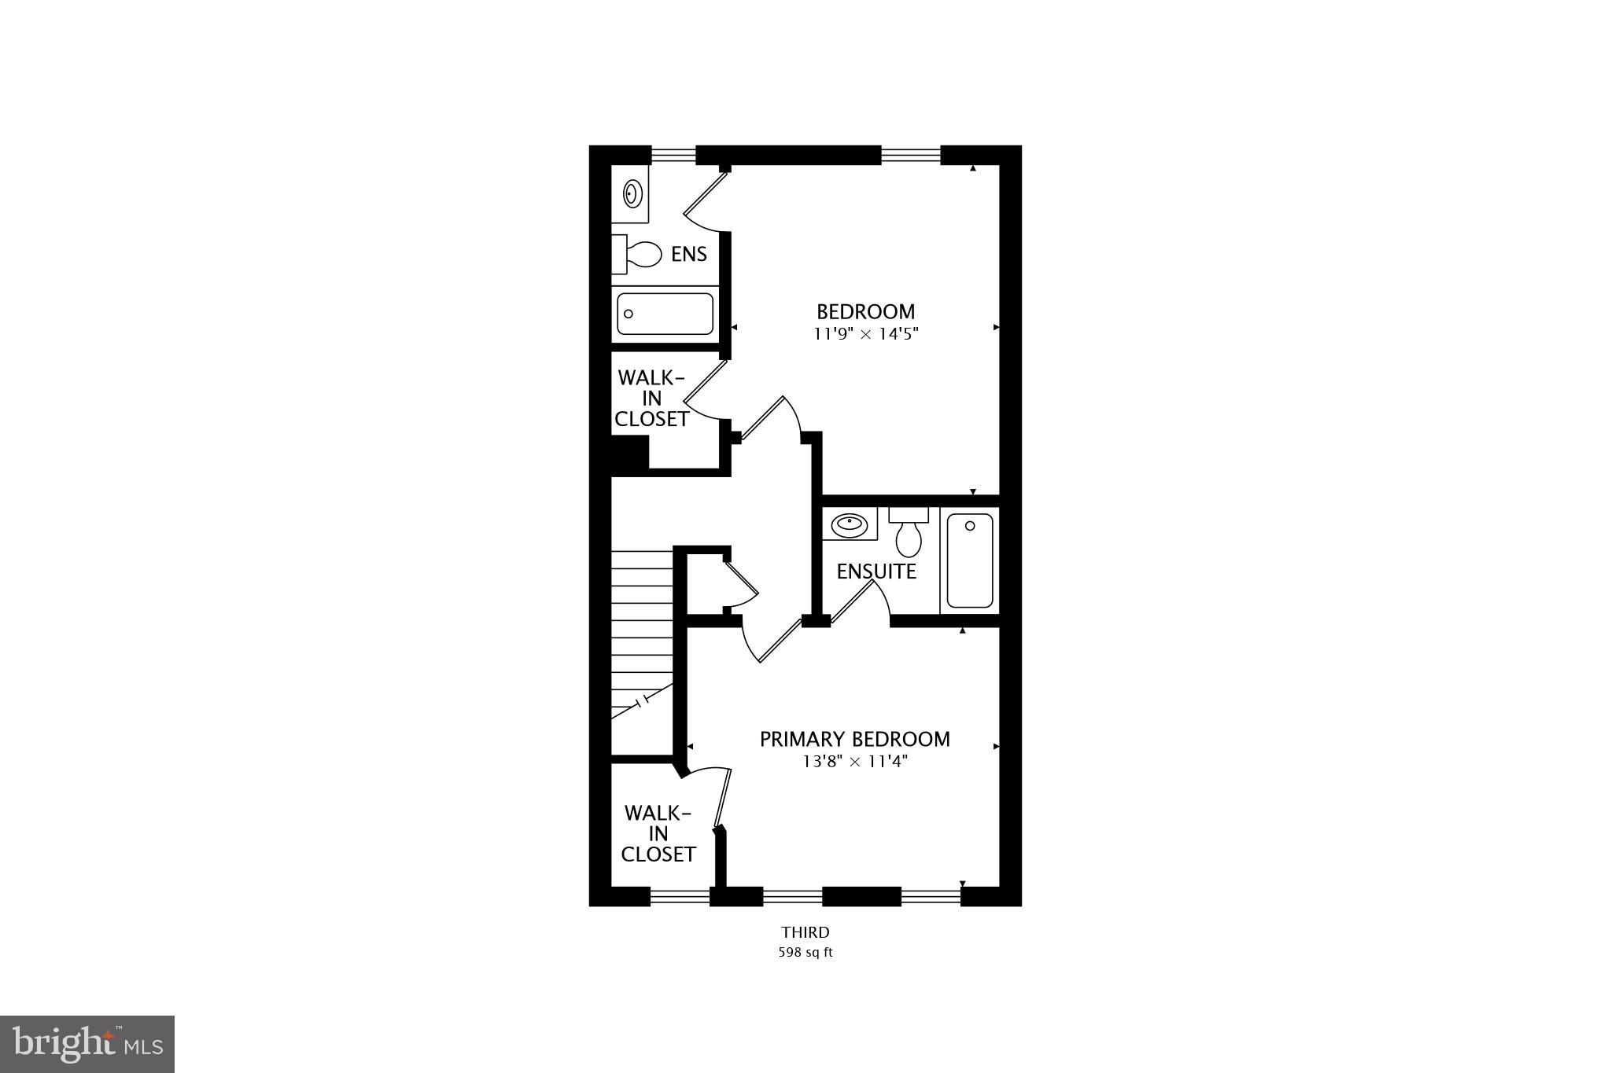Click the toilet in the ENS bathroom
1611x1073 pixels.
point(643,253)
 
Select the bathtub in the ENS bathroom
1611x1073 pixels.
point(665,314)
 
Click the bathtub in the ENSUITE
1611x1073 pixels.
point(970,560)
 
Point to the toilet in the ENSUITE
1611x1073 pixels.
point(909,534)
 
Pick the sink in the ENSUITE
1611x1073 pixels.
point(849,524)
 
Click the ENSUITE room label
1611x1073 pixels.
point(876,571)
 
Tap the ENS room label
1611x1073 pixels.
point(688,254)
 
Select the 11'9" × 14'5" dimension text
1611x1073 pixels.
point(865,333)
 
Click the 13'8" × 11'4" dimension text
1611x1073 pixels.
point(855,761)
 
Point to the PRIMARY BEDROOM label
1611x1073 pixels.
point(855,739)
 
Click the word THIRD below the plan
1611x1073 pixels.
point(805,932)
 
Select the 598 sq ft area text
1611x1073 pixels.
point(805,953)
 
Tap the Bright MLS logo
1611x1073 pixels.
point(87,1044)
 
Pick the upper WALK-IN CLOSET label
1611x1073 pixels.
point(651,399)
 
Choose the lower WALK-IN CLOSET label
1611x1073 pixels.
point(658,833)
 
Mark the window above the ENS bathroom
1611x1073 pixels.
point(674,155)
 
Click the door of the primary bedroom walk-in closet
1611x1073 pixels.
point(723,798)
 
